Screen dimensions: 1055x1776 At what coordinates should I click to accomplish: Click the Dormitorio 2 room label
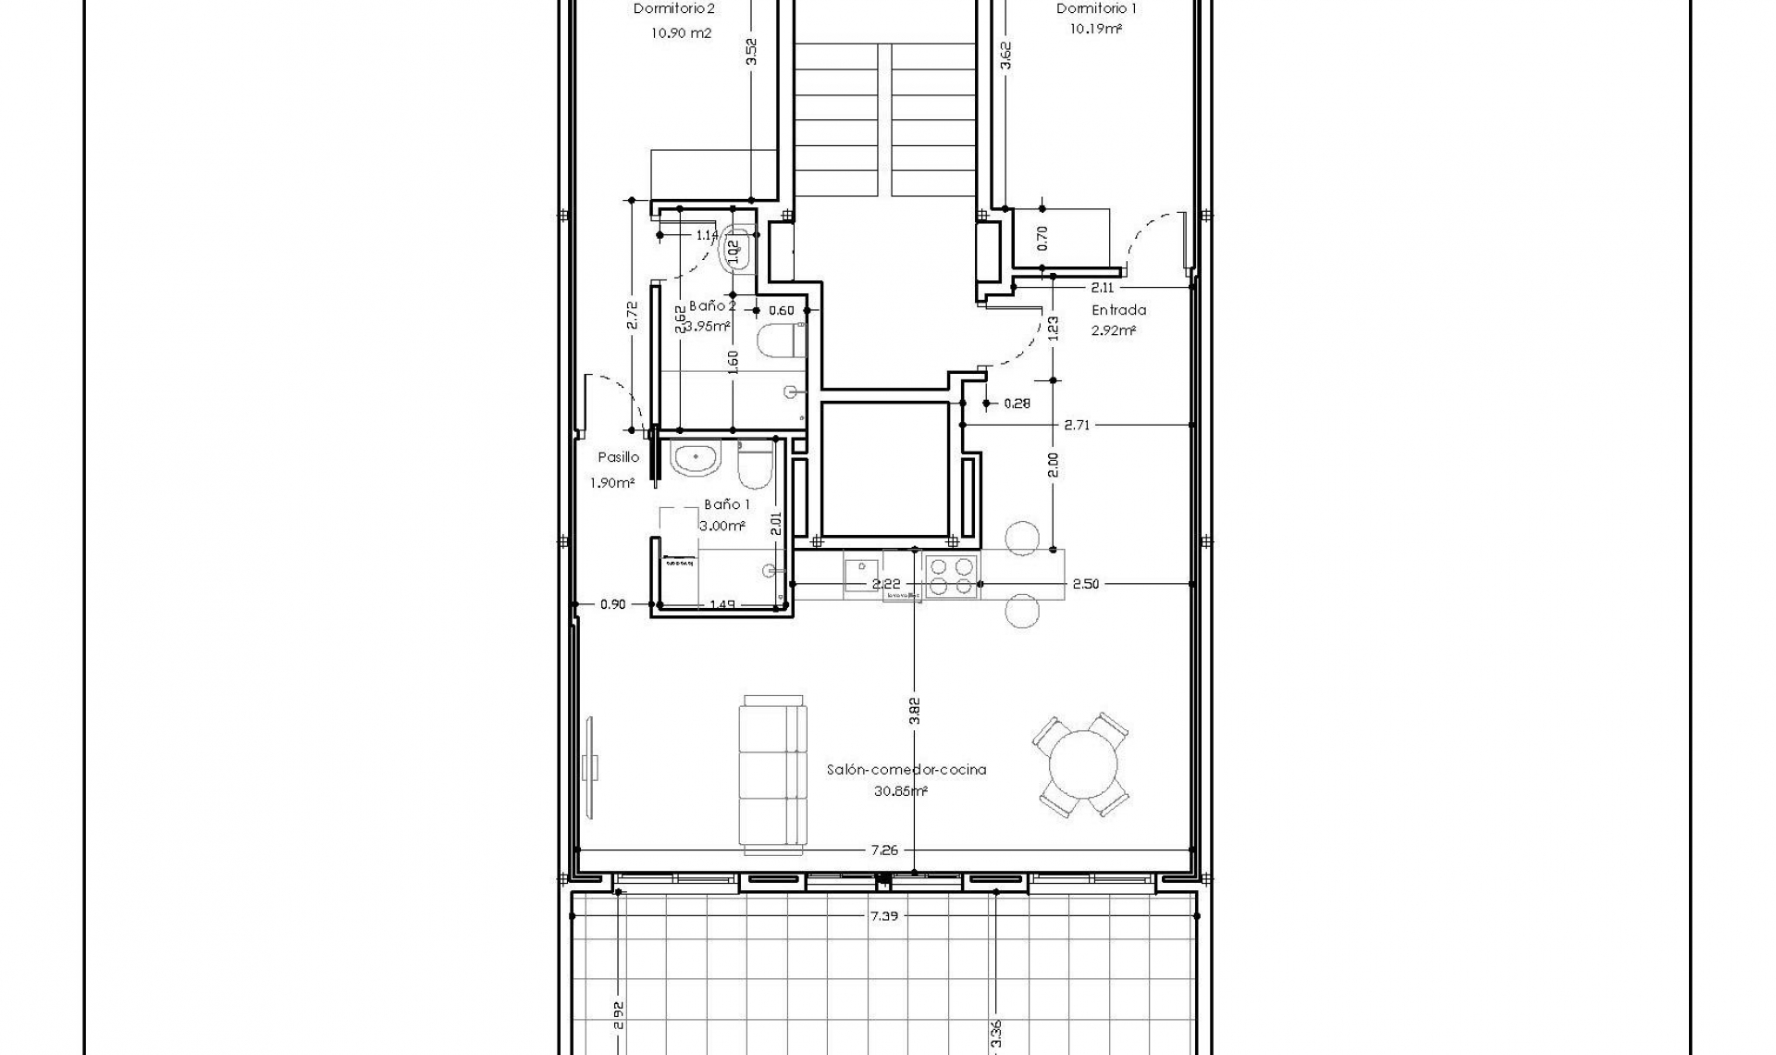[673, 9]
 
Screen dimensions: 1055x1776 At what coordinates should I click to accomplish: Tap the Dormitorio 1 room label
[1097, 9]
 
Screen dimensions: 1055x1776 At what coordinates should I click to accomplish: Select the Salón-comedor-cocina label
[906, 769]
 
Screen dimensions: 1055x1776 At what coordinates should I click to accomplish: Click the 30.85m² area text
[900, 791]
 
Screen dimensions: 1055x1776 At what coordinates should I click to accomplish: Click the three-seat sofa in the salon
[773, 775]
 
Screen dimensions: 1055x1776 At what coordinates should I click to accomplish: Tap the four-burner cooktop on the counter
[951, 576]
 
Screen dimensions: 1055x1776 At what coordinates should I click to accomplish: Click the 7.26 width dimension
[885, 850]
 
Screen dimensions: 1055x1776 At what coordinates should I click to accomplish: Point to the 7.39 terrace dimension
[885, 915]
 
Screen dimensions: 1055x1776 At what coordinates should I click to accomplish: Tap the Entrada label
[1118, 310]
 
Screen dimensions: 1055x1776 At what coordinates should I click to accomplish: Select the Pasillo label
[618, 457]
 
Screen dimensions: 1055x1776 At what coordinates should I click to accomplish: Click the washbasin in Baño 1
[696, 459]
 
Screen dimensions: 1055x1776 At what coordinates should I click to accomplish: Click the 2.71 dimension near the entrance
[1077, 425]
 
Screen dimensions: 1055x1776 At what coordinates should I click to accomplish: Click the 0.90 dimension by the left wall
[612, 604]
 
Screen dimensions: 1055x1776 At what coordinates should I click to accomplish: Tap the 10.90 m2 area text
[681, 32]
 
